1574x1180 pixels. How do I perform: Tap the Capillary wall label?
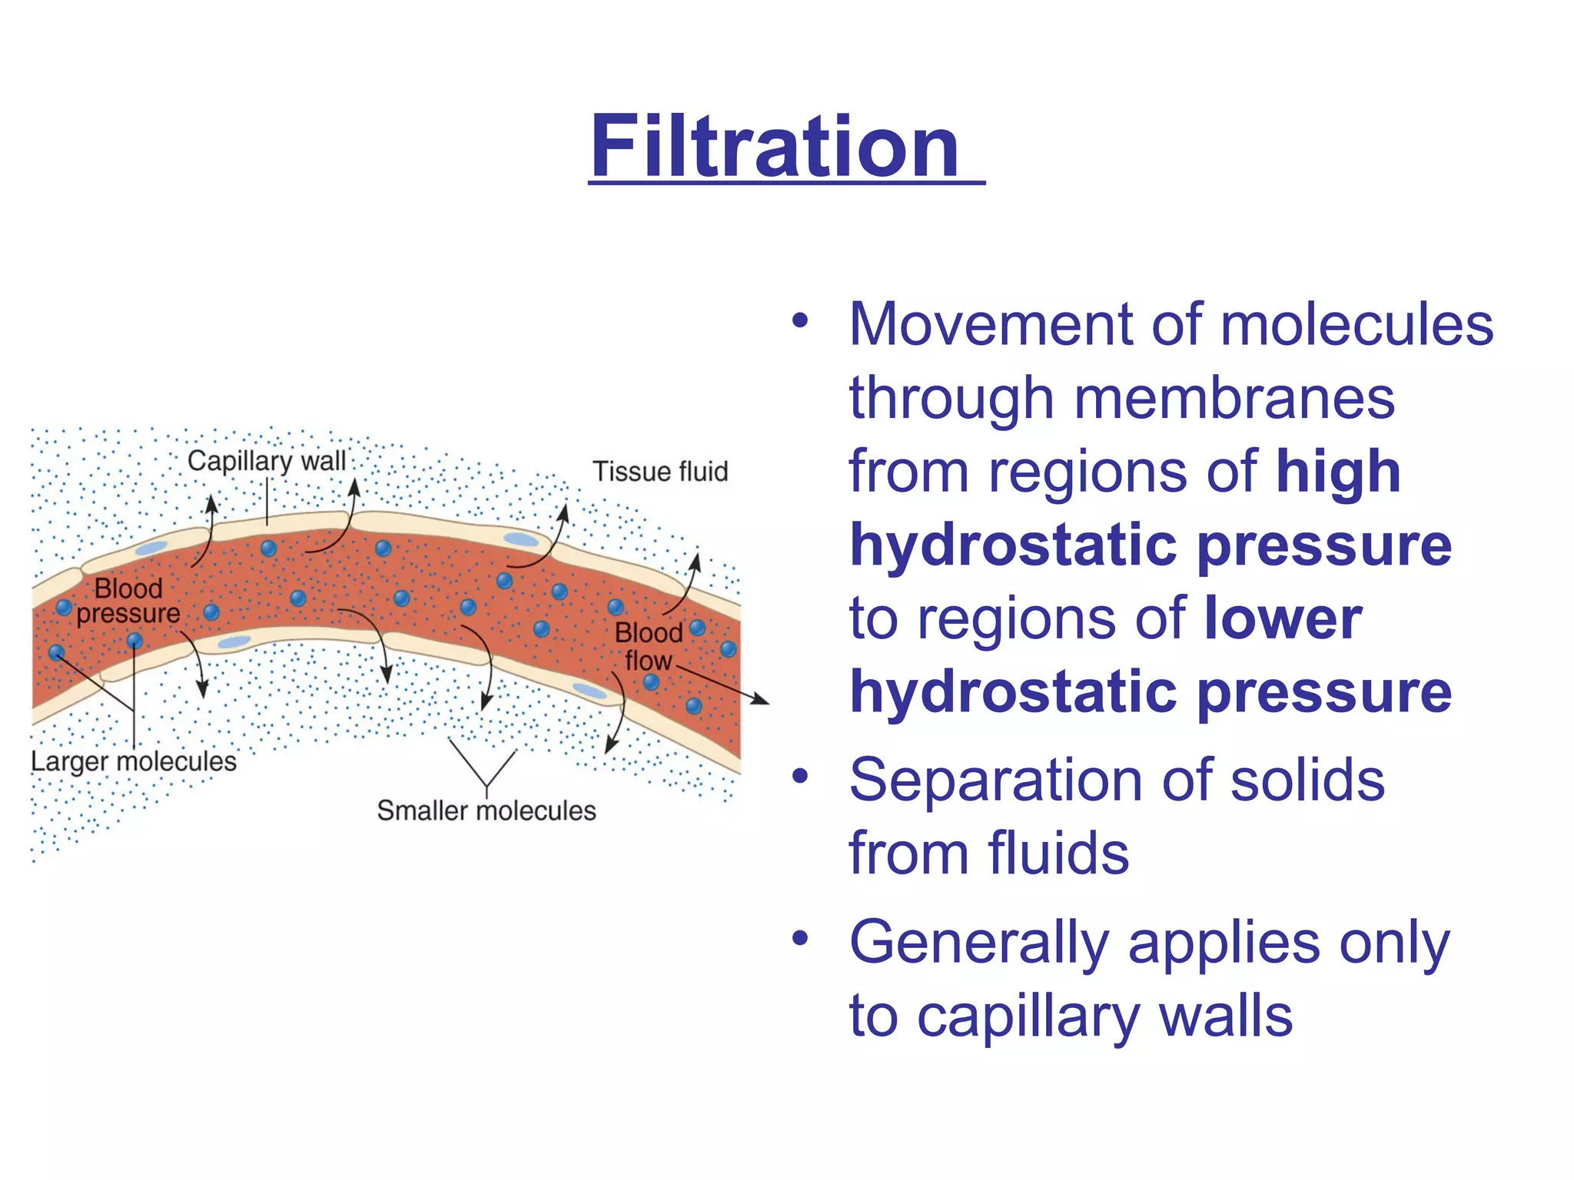[x=267, y=461]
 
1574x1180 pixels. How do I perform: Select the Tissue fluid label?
[x=659, y=471]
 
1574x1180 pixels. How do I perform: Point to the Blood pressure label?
[x=128, y=601]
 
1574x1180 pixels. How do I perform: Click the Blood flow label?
[x=648, y=647]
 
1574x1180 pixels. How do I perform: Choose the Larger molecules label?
[x=134, y=761]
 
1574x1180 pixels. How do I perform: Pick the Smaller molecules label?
[x=486, y=810]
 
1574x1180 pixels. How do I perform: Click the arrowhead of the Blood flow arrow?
[x=761, y=699]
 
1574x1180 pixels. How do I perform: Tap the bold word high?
[x=1338, y=471]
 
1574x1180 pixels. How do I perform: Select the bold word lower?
[x=1283, y=618]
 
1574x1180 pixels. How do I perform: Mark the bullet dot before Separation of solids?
[x=800, y=777]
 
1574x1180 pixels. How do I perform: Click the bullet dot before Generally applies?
[x=800, y=939]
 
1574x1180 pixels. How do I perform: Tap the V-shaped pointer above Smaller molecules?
[x=485, y=768]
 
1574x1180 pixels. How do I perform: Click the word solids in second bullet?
[x=1307, y=780]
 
